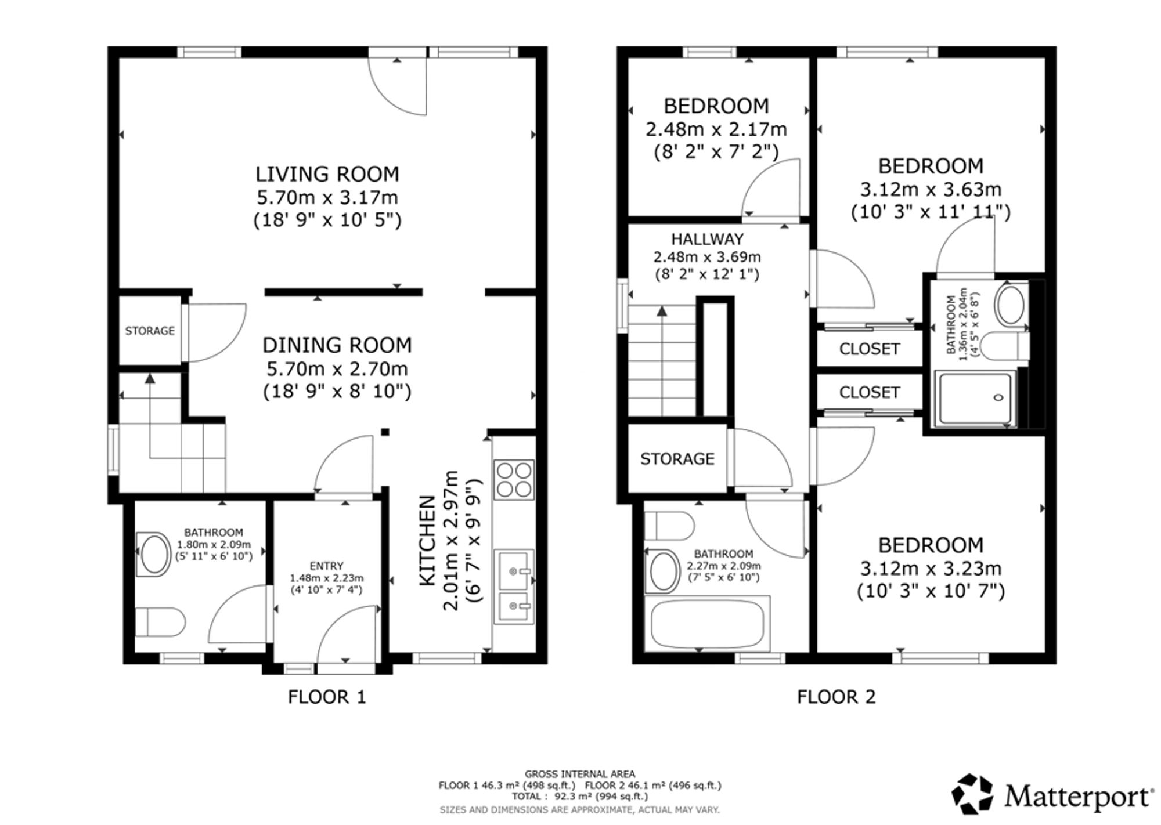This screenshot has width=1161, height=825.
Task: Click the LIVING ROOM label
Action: point(327,174)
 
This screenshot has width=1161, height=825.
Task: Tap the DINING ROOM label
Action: point(337,345)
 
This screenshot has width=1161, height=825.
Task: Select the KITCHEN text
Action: point(427,541)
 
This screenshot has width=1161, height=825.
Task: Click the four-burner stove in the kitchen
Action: point(513,480)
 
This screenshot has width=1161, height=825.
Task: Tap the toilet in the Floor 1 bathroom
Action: point(160,622)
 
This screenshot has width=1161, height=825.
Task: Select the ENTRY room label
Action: point(327,566)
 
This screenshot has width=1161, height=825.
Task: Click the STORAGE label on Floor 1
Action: point(150,331)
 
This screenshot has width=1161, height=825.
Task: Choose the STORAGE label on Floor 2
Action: point(677,459)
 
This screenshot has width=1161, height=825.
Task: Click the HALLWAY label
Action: point(708,239)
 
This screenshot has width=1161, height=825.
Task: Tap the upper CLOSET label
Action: point(870,349)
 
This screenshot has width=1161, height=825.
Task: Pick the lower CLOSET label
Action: point(870,393)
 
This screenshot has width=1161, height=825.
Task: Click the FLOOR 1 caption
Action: point(327,697)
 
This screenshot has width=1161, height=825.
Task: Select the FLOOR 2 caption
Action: point(837,697)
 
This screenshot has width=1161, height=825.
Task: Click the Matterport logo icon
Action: point(973,793)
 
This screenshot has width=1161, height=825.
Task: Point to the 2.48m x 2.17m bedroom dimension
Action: point(716,129)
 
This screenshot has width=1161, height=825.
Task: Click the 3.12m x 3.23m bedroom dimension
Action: point(931,568)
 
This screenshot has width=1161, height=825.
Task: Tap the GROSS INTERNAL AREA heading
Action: point(580,774)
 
